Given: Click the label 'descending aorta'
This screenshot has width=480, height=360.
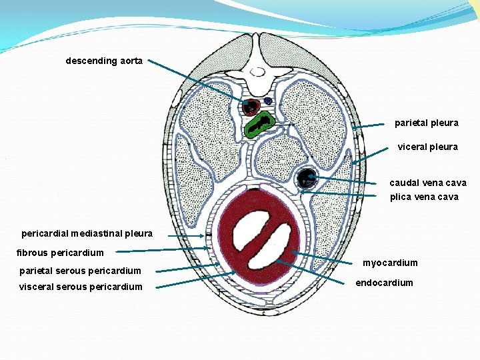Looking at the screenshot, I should point(104,61).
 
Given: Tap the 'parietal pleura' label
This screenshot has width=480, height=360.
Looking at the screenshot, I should point(426,123).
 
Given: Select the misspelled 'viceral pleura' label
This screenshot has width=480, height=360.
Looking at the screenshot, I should point(428,147).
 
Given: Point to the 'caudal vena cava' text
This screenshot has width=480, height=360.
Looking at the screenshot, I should point(428,183).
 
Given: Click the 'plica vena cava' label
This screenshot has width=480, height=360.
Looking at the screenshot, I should point(424,197).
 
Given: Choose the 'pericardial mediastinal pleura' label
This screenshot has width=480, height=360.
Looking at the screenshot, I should point(87,234).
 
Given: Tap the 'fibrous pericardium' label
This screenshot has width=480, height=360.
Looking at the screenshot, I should point(60,253).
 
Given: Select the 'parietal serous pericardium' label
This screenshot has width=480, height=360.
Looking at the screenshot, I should point(80,271).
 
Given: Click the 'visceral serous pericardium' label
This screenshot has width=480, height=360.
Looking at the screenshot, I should point(81,287).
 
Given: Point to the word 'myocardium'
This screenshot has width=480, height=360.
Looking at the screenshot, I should point(390,263).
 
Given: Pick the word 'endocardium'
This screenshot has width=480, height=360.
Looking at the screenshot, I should point(384,283).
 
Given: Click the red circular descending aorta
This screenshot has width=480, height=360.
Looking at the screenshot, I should point(251,107).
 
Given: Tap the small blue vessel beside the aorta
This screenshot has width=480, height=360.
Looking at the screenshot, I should point(268,101).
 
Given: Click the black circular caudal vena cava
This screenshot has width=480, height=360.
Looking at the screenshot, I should point(307,178).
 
